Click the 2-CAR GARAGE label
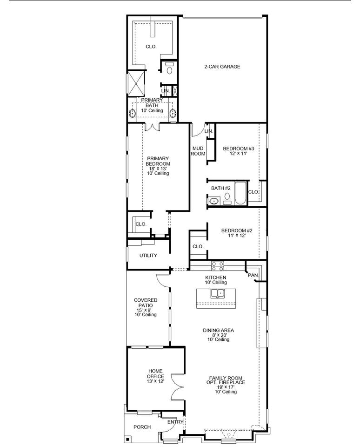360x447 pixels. click(222, 67)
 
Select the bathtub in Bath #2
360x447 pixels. click(240, 193)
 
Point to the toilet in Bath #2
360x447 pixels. click(227, 198)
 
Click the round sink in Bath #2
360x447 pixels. click(213, 201)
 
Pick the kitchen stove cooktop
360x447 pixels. click(217, 266)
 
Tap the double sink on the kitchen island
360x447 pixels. click(217, 293)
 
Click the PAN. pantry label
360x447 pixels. click(253, 275)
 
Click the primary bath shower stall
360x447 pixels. click(136, 83)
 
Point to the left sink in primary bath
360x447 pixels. click(132, 113)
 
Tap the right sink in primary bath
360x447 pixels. click(173, 113)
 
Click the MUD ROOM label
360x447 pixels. click(198, 151)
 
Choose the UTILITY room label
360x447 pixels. click(148, 256)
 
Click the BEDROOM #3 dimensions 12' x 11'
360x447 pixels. click(239, 153)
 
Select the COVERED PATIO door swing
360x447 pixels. click(163, 280)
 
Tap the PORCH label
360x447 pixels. click(142, 427)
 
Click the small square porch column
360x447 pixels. click(128, 439)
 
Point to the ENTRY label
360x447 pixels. click(175, 422)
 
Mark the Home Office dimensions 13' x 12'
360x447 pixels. click(155, 381)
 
